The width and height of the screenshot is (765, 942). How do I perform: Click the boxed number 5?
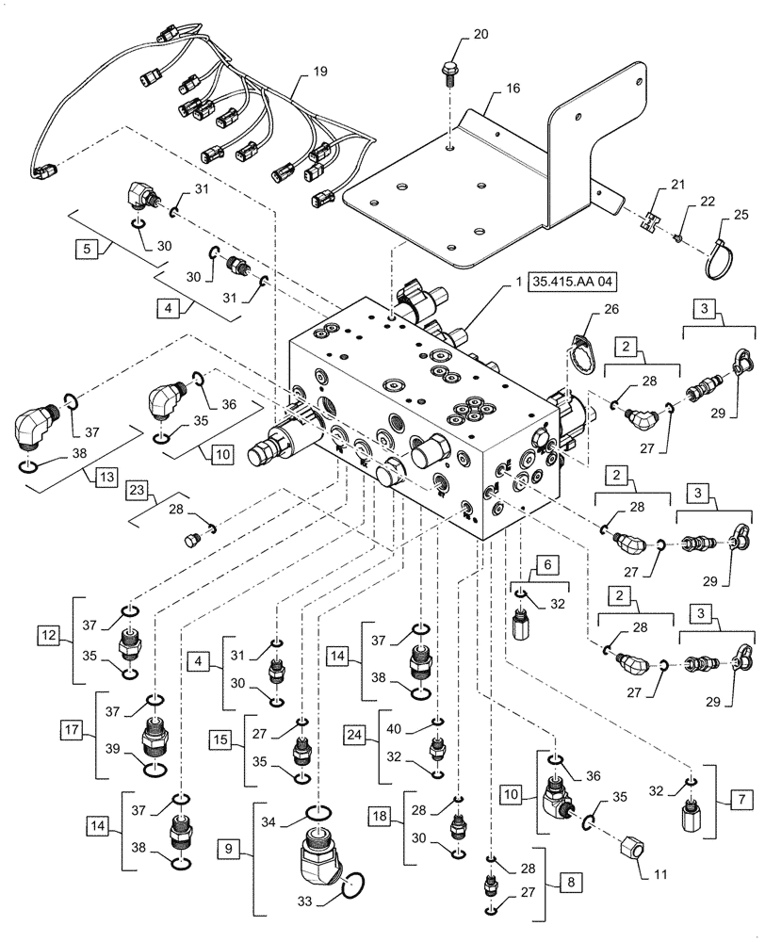[87, 251]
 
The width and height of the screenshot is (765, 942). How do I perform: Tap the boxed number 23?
[138, 492]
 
